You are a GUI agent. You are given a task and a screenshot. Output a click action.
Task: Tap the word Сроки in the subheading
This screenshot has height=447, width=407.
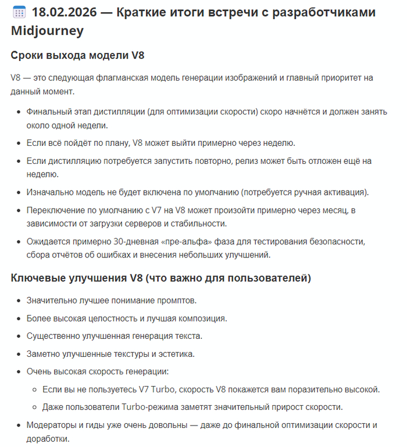(28, 56)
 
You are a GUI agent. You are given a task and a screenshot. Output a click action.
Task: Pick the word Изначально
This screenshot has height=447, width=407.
(51, 192)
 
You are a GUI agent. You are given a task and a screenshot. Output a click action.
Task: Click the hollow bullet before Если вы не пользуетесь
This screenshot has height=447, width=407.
(35, 389)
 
